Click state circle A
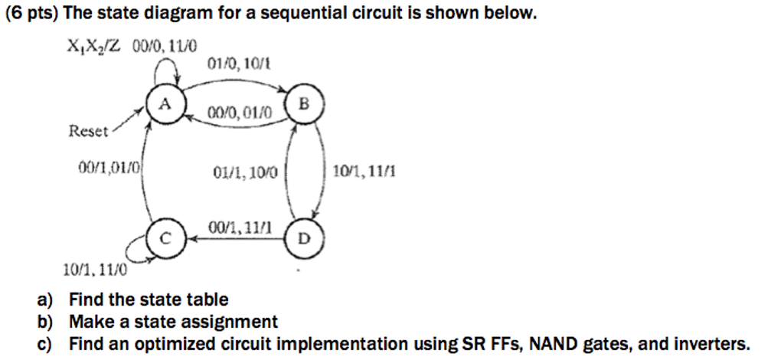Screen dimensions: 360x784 pyautogui.click(x=164, y=106)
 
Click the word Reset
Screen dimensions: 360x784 pyautogui.click(x=89, y=131)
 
